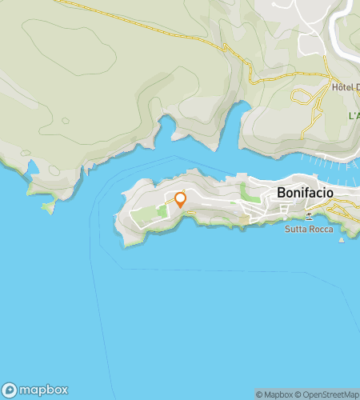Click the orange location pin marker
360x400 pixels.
(180, 199)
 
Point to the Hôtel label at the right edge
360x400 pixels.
(345, 89)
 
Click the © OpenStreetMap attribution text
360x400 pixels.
(327, 394)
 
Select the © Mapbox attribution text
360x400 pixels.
(274, 394)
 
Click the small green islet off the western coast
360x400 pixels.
(48, 206)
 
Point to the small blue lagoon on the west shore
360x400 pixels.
(33, 168)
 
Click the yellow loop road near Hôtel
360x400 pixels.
(302, 97)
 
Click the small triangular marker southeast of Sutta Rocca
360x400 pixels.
(342, 239)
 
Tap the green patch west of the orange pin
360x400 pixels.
(162, 210)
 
